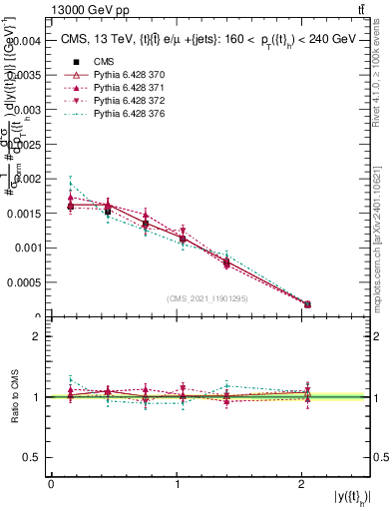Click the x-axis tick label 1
(177, 484)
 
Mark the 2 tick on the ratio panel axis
(36, 336)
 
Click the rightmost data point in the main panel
(307, 303)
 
